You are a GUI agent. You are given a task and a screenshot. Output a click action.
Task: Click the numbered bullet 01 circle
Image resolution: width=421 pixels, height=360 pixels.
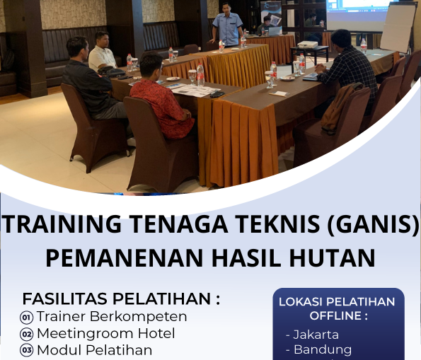coord(27,317)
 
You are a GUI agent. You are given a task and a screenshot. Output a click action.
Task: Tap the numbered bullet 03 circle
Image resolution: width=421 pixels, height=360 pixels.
coord(27,350)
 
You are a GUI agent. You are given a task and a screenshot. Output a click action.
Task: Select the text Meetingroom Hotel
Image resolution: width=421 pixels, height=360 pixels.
coord(105,333)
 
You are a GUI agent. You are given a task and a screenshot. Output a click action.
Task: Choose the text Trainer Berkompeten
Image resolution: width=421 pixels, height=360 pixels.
coord(112,316)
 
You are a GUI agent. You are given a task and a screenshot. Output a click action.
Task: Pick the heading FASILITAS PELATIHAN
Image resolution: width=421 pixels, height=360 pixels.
coord(121,298)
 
